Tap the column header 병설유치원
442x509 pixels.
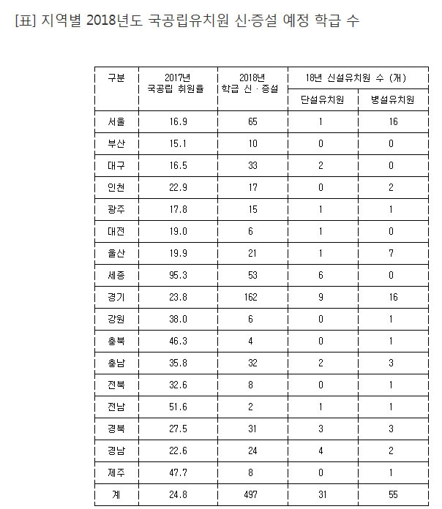tap(393, 99)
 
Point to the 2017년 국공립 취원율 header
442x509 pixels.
tap(178, 83)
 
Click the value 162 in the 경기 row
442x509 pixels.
tap(252, 298)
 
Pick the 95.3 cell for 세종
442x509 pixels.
tap(178, 276)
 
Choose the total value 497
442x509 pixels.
tap(252, 495)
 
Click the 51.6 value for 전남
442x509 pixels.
tap(178, 407)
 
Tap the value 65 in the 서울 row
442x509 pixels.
tap(252, 122)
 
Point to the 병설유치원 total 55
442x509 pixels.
tap(393, 495)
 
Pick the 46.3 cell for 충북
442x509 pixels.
tap(178, 342)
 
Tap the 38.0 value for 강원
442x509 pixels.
tap(178, 320)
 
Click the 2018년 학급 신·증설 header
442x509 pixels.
tap(252, 83)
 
